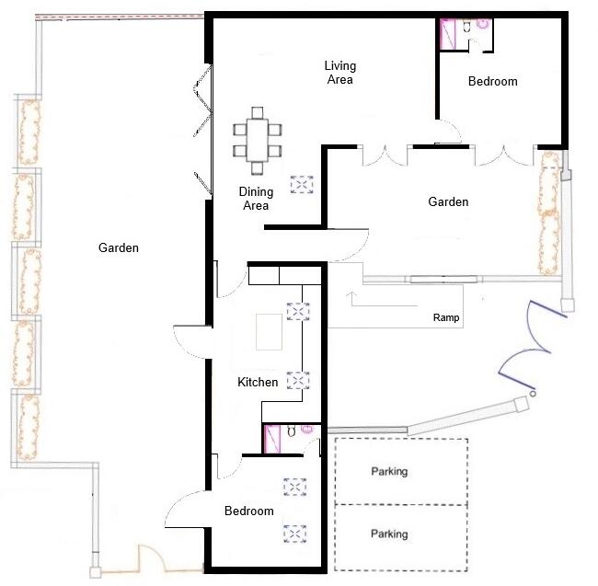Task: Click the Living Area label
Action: (339, 73)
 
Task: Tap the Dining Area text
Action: (256, 199)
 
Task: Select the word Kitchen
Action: (258, 382)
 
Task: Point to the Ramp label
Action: (446, 318)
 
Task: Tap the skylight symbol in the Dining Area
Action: (302, 185)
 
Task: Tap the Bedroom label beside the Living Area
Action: (492, 82)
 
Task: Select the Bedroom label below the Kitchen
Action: (249, 511)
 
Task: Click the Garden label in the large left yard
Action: (120, 247)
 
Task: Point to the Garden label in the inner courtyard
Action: (448, 202)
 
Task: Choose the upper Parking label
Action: (389, 472)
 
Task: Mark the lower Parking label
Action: (389, 534)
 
